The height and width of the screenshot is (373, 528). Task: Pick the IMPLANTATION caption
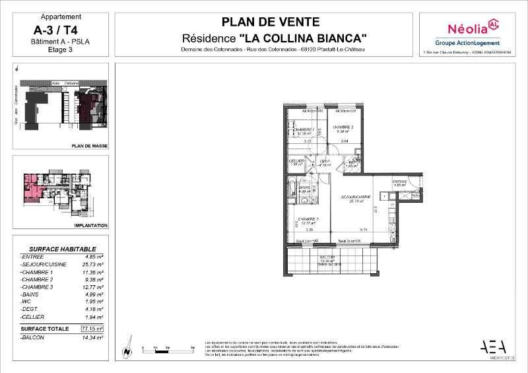click(92, 225)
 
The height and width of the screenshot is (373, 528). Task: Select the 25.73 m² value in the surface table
click(92, 263)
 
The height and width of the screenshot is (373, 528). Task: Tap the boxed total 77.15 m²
click(92, 327)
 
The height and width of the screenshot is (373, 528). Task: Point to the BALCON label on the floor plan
click(329, 256)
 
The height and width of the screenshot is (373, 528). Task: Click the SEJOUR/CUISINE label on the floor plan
click(355, 197)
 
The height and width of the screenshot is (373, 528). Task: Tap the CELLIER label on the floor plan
click(296, 160)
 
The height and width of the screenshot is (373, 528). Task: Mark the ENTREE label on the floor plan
click(400, 182)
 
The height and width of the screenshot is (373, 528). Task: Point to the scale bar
click(164, 347)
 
